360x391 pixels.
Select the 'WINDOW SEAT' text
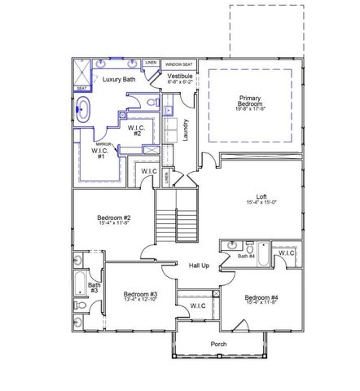coord(178,64)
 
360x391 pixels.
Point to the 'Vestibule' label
coord(180,77)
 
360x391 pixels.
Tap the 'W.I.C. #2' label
coord(136,130)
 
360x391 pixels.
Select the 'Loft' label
coord(261,198)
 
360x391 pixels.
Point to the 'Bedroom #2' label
coord(115,220)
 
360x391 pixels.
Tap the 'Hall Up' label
coord(199,266)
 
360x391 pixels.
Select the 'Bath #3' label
coord(94,288)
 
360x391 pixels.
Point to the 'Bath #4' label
coord(246,257)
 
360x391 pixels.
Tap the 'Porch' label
coord(217,345)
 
